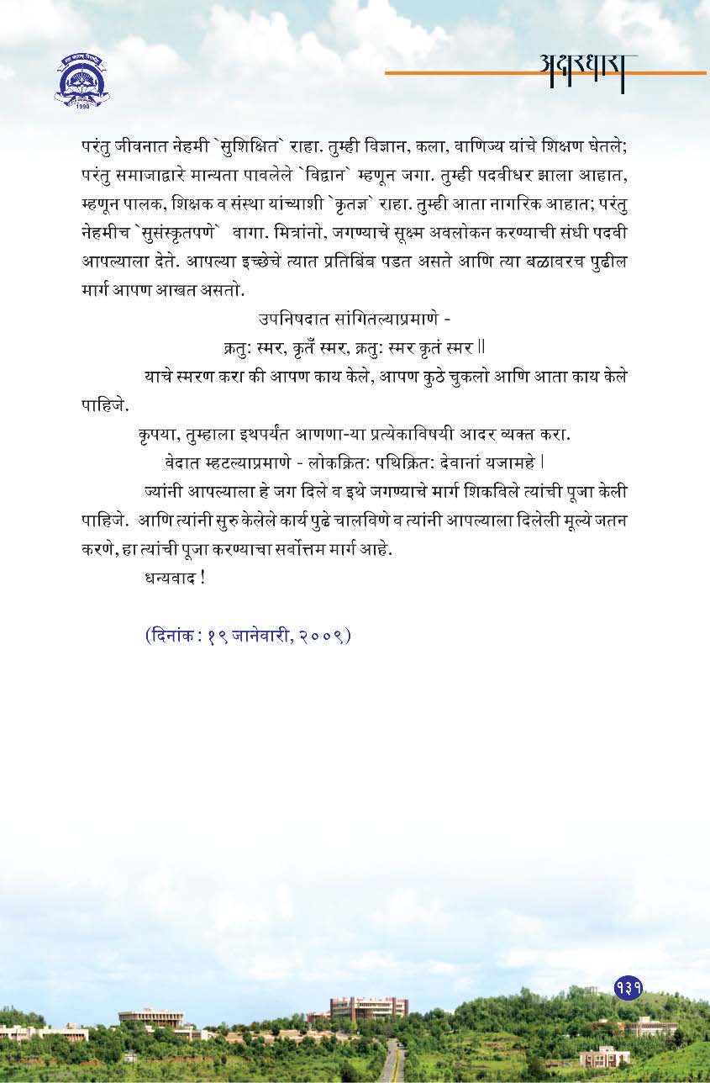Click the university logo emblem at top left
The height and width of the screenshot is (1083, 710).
pos(82,79)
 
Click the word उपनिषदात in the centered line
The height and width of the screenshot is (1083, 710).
pos(290,320)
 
